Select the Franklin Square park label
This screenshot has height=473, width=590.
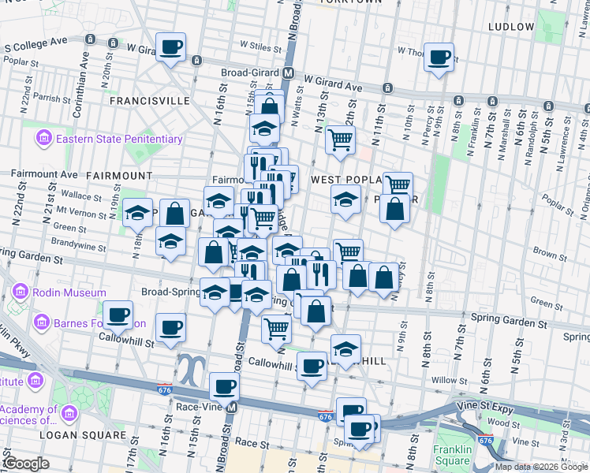coord(454,455)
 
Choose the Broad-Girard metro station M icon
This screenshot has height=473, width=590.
coord(289,73)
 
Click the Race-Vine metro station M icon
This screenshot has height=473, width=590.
coord(232,408)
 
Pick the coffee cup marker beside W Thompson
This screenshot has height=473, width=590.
coord(439,56)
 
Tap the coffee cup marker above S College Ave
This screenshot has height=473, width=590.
coord(170,47)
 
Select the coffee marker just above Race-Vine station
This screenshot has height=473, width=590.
coord(225,386)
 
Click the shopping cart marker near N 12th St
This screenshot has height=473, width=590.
coord(340,140)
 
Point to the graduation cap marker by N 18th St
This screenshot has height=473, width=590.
coord(137,213)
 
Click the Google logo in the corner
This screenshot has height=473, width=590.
coord(25,464)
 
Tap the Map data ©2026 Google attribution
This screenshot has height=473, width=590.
coord(541,467)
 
